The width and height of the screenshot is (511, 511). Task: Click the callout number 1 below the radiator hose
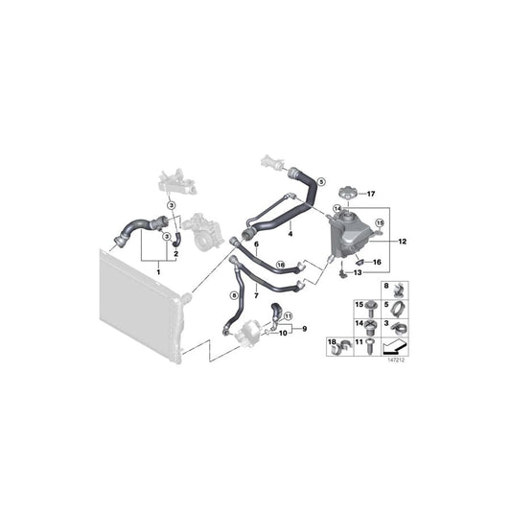[x=158, y=271]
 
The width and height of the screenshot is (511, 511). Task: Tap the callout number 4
[x=290, y=233]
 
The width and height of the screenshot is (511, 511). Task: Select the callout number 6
[x=257, y=245]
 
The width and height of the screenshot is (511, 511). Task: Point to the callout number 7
[x=256, y=296]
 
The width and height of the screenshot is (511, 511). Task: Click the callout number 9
[x=305, y=329]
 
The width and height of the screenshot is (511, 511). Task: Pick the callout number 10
[x=282, y=336]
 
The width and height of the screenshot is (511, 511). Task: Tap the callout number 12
[x=403, y=242]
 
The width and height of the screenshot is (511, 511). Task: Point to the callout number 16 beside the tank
[x=376, y=261]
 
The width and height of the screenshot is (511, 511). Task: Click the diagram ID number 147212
[x=395, y=361]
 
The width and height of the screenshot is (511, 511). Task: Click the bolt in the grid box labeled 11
[x=370, y=347]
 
